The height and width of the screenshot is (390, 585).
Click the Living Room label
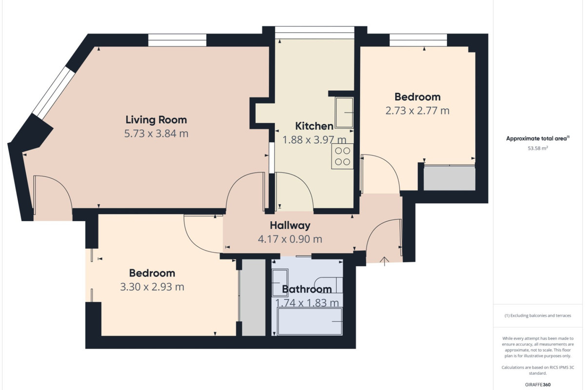pyautogui.click(x=156, y=120)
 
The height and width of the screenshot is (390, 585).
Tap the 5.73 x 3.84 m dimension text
pyautogui.click(x=156, y=134)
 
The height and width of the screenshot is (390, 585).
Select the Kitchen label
pyautogui.click(x=314, y=126)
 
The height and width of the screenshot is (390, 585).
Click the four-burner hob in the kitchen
pyautogui.click(x=342, y=156)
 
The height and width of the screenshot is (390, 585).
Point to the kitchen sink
pyautogui.click(x=345, y=113)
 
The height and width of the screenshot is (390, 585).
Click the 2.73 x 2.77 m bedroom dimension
pyautogui.click(x=417, y=111)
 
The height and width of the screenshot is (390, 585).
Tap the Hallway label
pyautogui.click(x=290, y=225)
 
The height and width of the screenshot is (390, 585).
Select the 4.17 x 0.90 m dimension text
pyautogui.click(x=290, y=239)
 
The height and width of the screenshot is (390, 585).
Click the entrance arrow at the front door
pyautogui.click(x=385, y=261)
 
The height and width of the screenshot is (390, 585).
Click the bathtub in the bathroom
pyautogui.click(x=310, y=321)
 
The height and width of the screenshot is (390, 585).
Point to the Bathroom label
pyautogui.click(x=307, y=290)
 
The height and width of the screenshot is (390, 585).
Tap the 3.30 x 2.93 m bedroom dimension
pyautogui.click(x=152, y=287)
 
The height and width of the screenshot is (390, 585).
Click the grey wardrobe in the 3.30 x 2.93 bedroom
pyautogui.click(x=253, y=297)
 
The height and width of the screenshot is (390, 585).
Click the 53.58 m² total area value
pyautogui.click(x=538, y=148)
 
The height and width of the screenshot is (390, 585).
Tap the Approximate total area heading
pyautogui.click(x=538, y=138)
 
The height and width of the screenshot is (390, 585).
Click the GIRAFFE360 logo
pyautogui.click(x=538, y=385)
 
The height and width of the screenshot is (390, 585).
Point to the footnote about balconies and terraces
pyautogui.click(x=538, y=315)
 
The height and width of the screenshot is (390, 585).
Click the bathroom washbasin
pyautogui.click(x=280, y=283)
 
